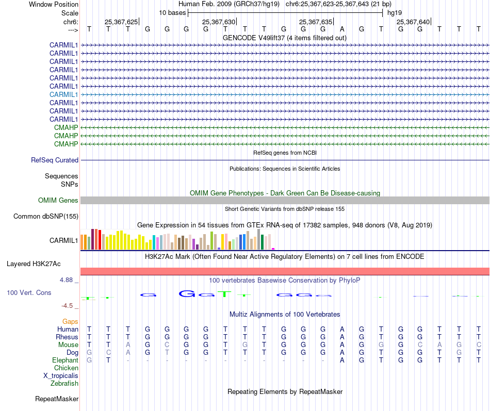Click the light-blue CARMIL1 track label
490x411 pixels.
click(x=63, y=94)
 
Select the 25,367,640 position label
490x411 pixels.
click(x=413, y=22)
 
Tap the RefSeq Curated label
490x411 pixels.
click(x=55, y=160)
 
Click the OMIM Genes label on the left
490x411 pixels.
click(x=58, y=201)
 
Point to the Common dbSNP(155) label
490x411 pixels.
click(x=45, y=217)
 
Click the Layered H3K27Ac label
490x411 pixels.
click(x=34, y=264)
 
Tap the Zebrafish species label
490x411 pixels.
click(x=64, y=384)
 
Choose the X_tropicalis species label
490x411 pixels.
click(x=61, y=376)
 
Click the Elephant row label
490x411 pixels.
click(x=65, y=360)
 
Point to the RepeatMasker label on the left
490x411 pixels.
click(x=57, y=399)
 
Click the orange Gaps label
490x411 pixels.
click(x=70, y=322)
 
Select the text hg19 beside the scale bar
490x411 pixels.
click(x=395, y=12)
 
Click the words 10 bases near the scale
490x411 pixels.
click(x=172, y=12)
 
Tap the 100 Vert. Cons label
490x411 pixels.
click(x=29, y=293)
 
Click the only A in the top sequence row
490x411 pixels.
click(x=342, y=29)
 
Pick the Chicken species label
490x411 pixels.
click(x=66, y=368)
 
